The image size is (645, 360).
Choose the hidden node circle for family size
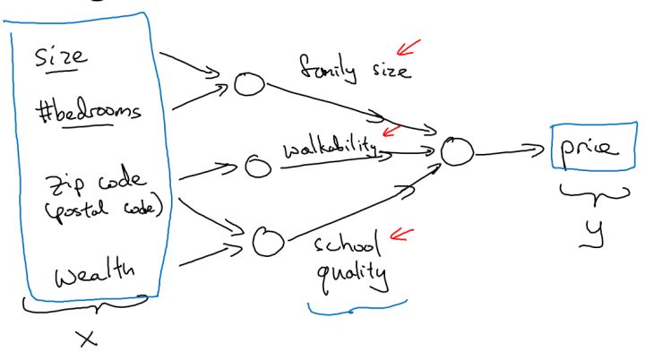click(247, 83)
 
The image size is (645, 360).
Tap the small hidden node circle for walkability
click(258, 165)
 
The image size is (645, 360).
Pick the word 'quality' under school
click(351, 275)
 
